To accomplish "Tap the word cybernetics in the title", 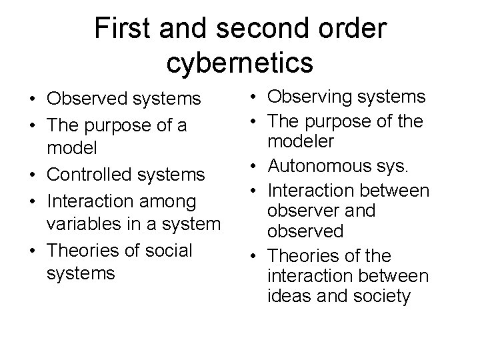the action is coord(240,62).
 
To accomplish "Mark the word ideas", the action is coord(286,296).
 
